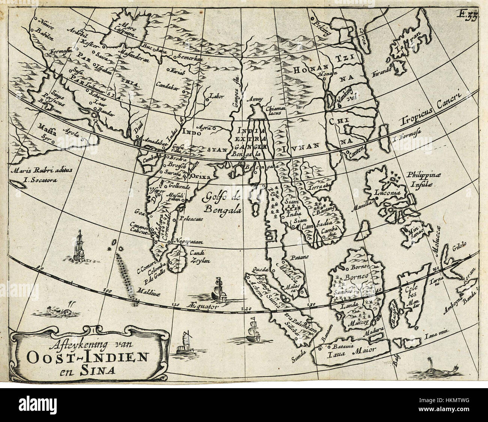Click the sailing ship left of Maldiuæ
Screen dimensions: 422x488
[x=80, y=247]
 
